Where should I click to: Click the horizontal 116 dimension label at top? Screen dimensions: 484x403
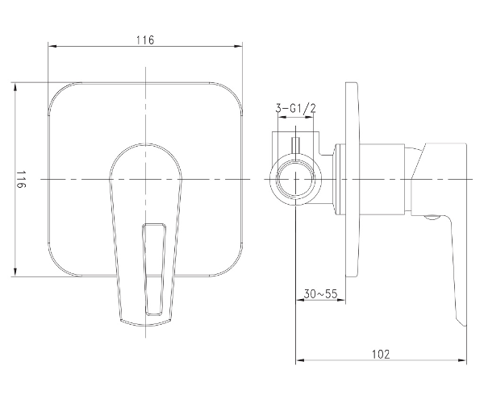(x=145, y=39)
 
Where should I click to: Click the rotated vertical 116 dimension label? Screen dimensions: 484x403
(x=21, y=179)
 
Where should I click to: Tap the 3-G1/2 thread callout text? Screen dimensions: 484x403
(x=296, y=109)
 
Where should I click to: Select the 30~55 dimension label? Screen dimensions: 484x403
(x=321, y=293)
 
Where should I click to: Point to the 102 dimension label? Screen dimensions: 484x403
(x=381, y=354)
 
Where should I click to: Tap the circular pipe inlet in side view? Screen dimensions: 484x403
(x=296, y=179)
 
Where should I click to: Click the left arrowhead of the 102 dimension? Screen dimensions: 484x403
(x=300, y=360)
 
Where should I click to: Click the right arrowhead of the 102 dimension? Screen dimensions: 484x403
(x=462, y=360)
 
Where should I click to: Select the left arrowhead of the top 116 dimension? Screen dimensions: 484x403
(x=52, y=46)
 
